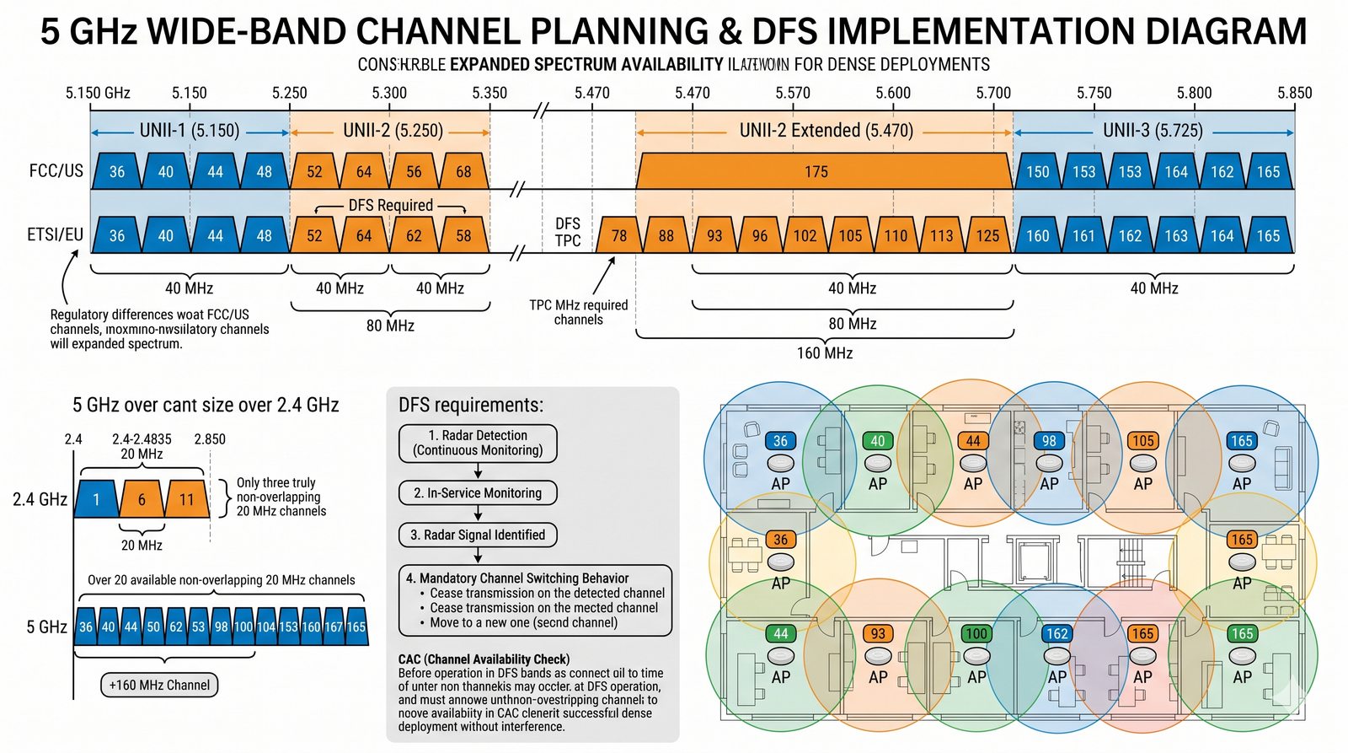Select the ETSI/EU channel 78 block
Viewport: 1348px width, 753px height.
coord(618,235)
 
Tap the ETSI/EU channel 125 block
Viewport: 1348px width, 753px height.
coord(987,235)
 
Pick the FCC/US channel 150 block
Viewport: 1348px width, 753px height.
coord(1037,171)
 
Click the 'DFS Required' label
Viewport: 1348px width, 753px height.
coord(390,205)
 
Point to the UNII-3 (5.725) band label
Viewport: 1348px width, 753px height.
coord(1153,131)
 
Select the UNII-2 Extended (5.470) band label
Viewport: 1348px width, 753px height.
coord(826,131)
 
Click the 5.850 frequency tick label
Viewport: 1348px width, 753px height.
coord(1294,93)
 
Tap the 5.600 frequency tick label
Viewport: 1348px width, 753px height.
coord(892,93)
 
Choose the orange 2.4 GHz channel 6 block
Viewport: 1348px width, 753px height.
coord(142,499)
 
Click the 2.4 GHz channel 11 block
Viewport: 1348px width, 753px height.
coord(186,499)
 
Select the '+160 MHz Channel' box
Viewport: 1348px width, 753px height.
coord(159,685)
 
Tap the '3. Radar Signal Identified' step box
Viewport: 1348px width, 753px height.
coord(478,535)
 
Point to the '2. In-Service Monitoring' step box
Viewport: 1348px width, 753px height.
coord(478,492)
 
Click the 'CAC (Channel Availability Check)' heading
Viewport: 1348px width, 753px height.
coord(484,659)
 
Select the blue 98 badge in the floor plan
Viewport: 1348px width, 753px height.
coord(1049,440)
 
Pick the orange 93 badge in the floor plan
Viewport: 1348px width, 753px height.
coord(878,633)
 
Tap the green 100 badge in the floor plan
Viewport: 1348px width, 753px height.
coord(976,633)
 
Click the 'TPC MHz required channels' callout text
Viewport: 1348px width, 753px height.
coord(578,312)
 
